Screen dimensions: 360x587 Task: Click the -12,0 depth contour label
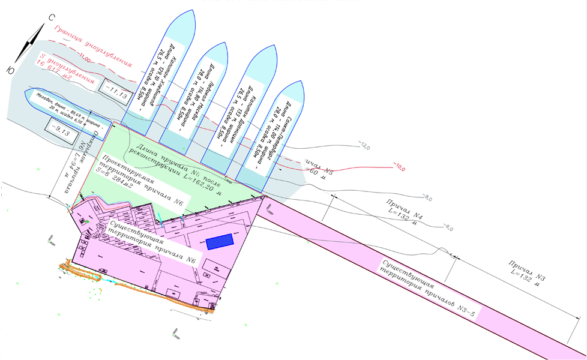[364, 146]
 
